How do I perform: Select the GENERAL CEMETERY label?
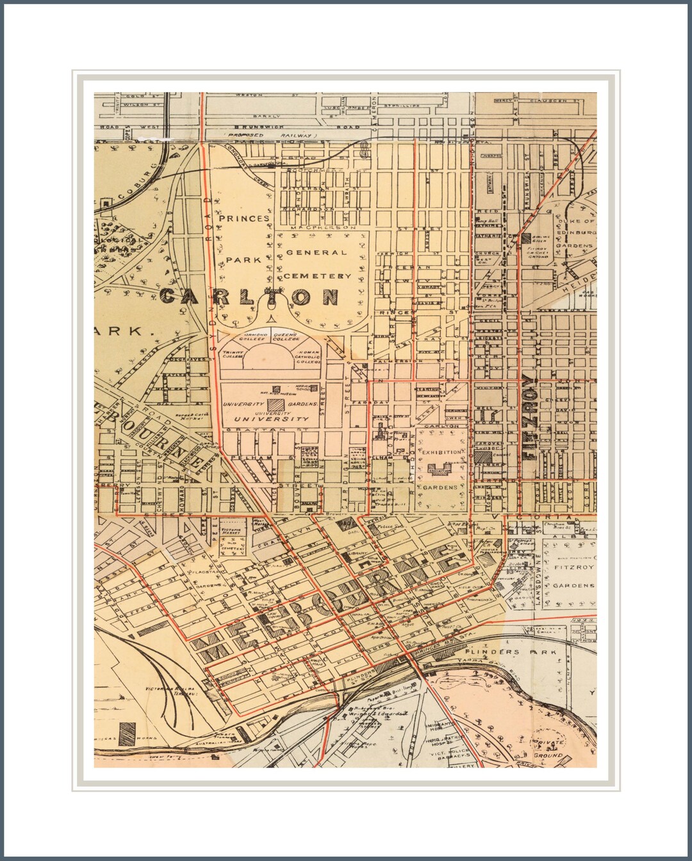point(318,264)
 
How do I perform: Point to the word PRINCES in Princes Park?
point(244,218)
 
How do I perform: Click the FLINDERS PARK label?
point(527,652)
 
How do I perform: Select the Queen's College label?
point(285,338)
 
